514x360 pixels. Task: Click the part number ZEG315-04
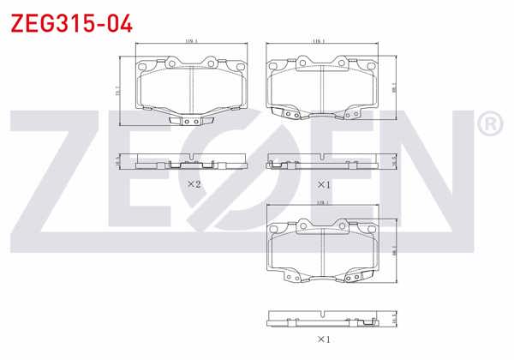click(x=71, y=23)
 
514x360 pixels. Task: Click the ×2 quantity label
click(x=194, y=184)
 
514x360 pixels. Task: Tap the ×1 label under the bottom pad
click(x=323, y=339)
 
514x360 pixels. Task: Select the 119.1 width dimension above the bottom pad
click(x=322, y=203)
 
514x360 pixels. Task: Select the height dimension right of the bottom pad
click(x=395, y=249)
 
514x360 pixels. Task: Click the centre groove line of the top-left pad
click(x=192, y=87)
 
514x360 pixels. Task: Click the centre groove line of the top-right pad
click(x=321, y=87)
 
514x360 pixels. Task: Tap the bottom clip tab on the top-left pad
click(x=192, y=121)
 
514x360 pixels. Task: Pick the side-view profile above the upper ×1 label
click(x=321, y=160)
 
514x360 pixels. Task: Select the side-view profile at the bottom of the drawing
click(x=321, y=318)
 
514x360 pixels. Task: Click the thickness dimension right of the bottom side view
click(x=395, y=318)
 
